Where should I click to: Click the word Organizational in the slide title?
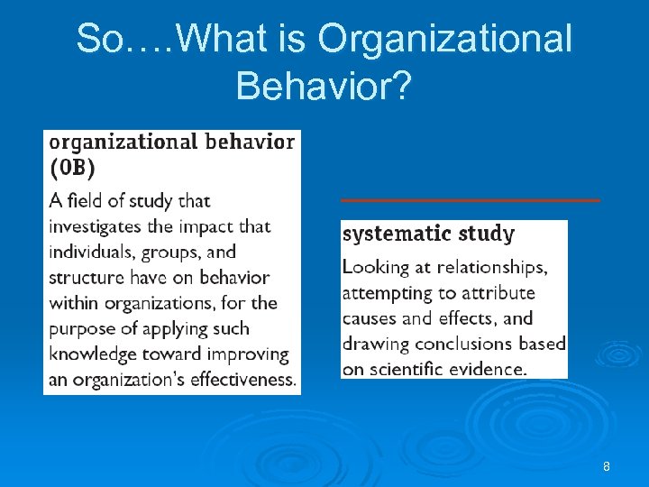pyautogui.click(x=445, y=39)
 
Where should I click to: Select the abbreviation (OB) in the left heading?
pyautogui.click(x=71, y=168)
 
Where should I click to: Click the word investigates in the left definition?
pyautogui.click(x=96, y=226)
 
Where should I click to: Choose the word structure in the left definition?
pyautogui.click(x=86, y=277)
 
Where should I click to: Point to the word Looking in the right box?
pyautogui.click(x=374, y=268)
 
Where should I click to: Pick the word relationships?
pyautogui.click(x=492, y=268)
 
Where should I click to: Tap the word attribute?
pyautogui.click(x=498, y=293)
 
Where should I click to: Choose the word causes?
pyautogui.click(x=369, y=318)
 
